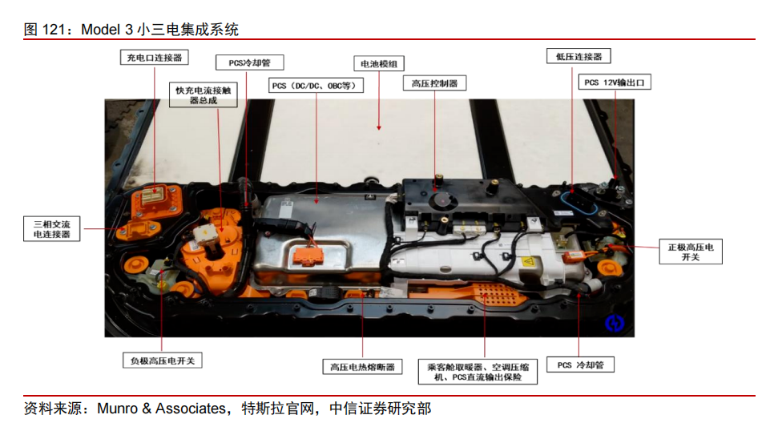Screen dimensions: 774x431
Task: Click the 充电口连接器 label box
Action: pyautogui.click(x=154, y=57)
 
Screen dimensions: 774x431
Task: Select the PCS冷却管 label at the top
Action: pyautogui.click(x=250, y=62)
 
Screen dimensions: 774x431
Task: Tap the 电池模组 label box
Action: pyautogui.click(x=379, y=63)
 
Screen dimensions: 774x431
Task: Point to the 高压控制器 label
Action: pyautogui.click(x=434, y=83)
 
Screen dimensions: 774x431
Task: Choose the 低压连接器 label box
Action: pyautogui.click(x=578, y=56)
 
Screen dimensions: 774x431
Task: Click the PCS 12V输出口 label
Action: pyautogui.click(x=615, y=82)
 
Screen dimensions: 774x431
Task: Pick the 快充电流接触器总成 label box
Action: pyautogui.click(x=204, y=95)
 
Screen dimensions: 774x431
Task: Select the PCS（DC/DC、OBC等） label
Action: pyautogui.click(x=316, y=86)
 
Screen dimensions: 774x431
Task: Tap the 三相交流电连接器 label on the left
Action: pyautogui.click(x=52, y=228)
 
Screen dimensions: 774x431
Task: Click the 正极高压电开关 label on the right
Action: pyautogui.click(x=691, y=252)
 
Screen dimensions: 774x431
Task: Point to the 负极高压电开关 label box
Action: pyautogui.click(x=163, y=361)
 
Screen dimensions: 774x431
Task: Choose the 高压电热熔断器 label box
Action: pyautogui.click(x=362, y=366)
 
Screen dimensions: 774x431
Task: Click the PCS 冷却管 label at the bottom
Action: pyautogui.click(x=580, y=365)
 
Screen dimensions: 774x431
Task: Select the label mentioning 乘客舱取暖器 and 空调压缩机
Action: pyautogui.click(x=478, y=372)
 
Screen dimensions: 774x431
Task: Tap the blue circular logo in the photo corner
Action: pyautogui.click(x=615, y=324)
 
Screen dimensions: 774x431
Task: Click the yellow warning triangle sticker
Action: pyautogui.click(x=528, y=261)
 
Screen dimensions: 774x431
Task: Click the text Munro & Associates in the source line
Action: pyautogui.click(x=161, y=409)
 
